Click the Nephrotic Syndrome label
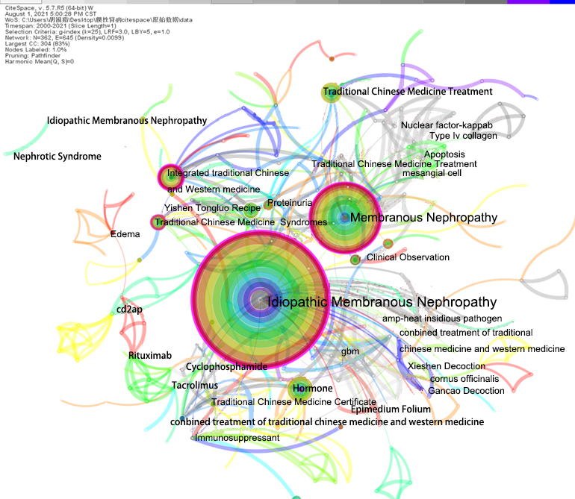click(57, 157)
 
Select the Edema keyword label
click(125, 234)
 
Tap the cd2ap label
click(128, 310)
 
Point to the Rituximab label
click(149, 356)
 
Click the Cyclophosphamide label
click(226, 367)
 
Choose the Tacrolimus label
click(194, 386)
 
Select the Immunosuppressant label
click(237, 438)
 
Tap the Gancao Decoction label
click(466, 391)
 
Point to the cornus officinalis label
click(464, 379)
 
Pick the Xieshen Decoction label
click(446, 366)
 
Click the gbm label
click(350, 351)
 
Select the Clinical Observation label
click(408, 257)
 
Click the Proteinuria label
click(290, 203)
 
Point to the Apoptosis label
click(444, 154)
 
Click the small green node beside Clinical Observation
click(355, 260)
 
